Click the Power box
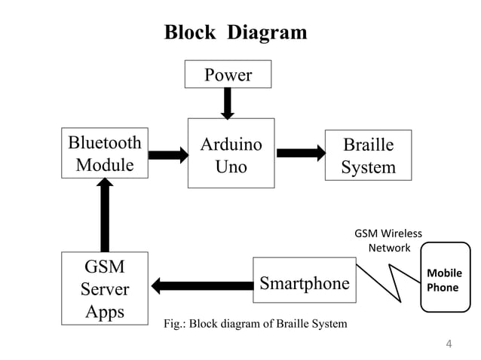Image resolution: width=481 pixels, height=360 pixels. (228, 75)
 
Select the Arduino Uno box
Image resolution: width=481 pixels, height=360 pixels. (231, 155)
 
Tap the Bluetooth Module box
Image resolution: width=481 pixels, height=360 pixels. (105, 154)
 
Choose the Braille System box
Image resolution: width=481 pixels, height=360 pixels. (368, 155)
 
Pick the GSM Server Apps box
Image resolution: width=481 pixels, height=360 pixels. (105, 288)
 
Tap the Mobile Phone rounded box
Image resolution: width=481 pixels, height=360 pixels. (444, 278)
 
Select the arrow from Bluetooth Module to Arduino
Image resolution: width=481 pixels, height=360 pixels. (168, 155)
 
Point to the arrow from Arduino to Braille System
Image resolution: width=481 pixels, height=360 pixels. (301, 153)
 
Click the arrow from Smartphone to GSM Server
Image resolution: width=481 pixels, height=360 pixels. (201, 285)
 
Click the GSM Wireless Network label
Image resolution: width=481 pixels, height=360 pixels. (388, 240)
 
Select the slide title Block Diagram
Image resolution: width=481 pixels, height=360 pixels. (235, 32)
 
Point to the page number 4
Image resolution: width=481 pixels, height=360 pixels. (449, 344)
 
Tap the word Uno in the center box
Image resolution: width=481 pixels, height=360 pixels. (231, 166)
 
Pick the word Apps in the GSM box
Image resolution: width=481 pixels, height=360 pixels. (105, 311)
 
